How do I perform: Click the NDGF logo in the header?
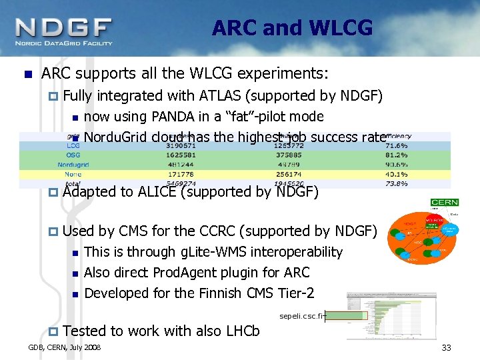64,31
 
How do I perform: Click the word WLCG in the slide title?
341,28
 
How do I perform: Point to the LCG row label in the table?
73,145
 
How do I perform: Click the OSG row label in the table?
73,155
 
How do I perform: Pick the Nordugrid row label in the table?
73,164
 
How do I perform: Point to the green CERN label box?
444,203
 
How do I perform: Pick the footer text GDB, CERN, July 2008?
65,348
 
